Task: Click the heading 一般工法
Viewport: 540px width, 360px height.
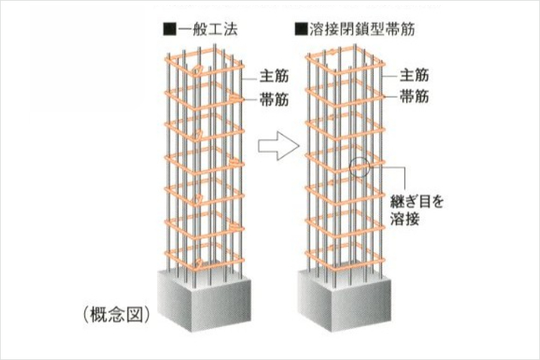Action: click(208, 29)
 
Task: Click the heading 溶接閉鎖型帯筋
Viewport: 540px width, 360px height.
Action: click(362, 29)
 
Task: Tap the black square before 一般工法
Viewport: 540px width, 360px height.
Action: click(170, 30)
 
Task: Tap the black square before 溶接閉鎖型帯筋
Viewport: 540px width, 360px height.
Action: click(301, 30)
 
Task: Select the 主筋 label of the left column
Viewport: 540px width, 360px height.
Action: click(274, 76)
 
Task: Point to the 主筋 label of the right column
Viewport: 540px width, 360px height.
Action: click(414, 75)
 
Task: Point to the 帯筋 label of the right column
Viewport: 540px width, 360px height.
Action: click(414, 96)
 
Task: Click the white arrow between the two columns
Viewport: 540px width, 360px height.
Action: click(279, 145)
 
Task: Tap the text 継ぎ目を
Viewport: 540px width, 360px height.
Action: click(416, 202)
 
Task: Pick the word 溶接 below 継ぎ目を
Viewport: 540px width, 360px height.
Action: click(405, 219)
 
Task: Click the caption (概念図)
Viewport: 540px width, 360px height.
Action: click(117, 314)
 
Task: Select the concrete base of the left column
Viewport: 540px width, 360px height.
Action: click(204, 300)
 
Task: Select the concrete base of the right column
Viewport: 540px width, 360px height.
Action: click(344, 300)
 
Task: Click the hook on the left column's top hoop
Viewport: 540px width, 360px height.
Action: click(197, 71)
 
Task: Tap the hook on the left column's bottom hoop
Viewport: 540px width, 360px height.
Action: click(199, 264)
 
